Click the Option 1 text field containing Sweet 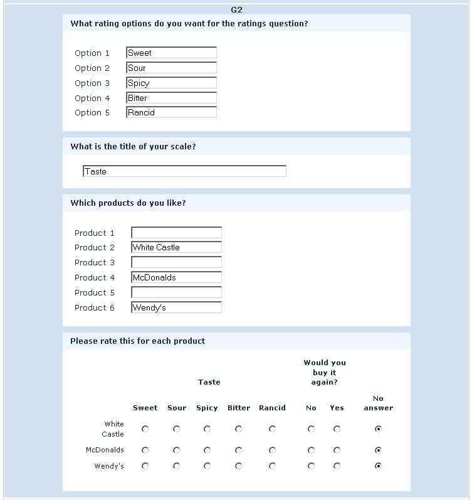click(x=171, y=53)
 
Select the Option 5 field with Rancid click(x=171, y=112)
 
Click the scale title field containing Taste click(x=184, y=171)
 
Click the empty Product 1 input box click(x=176, y=233)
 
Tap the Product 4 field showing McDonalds click(x=176, y=277)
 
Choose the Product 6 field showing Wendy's click(x=176, y=307)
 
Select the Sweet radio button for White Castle click(x=145, y=429)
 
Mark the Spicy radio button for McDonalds click(x=207, y=450)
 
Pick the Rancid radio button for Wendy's click(x=272, y=466)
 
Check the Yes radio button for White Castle click(x=337, y=429)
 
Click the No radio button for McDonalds click(x=311, y=450)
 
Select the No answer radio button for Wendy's click(x=378, y=466)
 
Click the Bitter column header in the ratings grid click(x=239, y=408)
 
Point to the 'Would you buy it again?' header click(x=325, y=372)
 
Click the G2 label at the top click(x=236, y=9)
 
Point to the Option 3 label click(x=92, y=83)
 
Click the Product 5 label click(x=95, y=292)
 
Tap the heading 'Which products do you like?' click(x=128, y=203)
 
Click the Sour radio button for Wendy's click(x=177, y=466)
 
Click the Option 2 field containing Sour click(x=171, y=68)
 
